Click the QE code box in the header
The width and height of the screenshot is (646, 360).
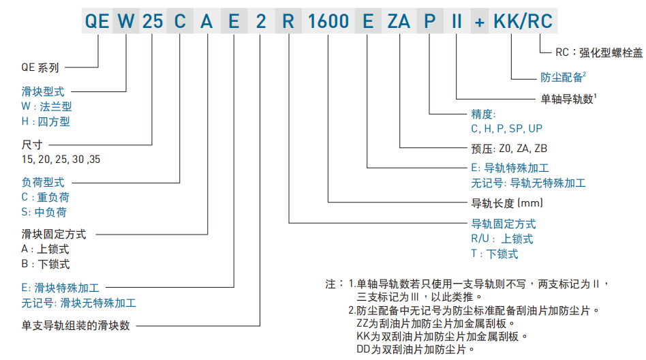tap(97, 21)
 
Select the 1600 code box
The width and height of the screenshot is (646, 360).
tap(328, 21)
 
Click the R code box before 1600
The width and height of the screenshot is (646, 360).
tap(288, 21)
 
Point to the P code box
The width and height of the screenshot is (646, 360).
tap(429, 21)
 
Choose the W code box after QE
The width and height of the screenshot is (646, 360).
tap(126, 21)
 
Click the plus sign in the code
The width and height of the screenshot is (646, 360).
tap(480, 21)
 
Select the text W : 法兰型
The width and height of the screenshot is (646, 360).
tap(46, 106)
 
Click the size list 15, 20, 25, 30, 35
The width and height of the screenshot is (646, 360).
tap(61, 159)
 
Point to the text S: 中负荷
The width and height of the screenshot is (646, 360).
tap(44, 212)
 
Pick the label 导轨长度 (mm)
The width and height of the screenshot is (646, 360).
tap(507, 202)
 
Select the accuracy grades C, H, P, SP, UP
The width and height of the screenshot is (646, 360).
tap(507, 128)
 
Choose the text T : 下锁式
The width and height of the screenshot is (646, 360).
tap(495, 254)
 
